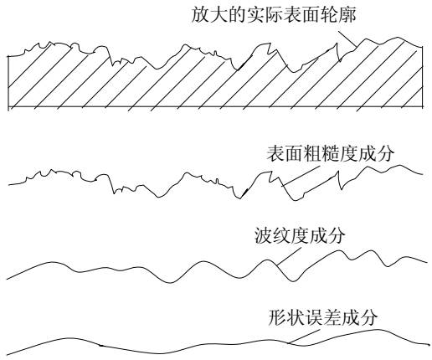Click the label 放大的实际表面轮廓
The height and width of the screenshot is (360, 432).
click(x=274, y=14)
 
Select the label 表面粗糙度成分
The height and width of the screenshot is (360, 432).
click(x=331, y=153)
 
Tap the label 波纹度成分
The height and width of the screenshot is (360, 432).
click(x=300, y=236)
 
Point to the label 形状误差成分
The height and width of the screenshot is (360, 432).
click(x=323, y=317)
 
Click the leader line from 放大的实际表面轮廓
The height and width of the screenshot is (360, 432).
click(x=347, y=39)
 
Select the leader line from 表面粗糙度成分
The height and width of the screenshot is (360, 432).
click(x=300, y=177)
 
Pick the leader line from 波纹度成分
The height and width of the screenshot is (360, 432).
click(x=289, y=256)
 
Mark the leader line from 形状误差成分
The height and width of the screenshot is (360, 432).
click(x=304, y=337)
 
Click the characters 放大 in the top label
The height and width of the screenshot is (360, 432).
click(x=209, y=14)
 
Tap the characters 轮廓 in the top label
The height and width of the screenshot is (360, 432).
click(x=338, y=14)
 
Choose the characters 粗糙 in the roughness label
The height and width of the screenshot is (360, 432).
click(x=321, y=153)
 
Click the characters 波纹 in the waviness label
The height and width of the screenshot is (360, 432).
click(x=273, y=236)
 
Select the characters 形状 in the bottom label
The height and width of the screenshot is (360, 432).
click(x=286, y=317)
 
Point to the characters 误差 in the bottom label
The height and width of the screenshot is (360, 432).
click(x=323, y=317)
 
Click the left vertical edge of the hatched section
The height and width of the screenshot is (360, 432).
click(x=8, y=81)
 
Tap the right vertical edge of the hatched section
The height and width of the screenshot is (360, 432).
click(x=422, y=77)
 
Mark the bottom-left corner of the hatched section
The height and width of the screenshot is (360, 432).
click(x=8, y=107)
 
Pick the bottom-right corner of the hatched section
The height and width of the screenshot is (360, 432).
click(x=422, y=107)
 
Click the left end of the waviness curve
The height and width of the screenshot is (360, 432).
click(x=7, y=279)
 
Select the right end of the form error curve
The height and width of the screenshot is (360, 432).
click(x=429, y=345)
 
